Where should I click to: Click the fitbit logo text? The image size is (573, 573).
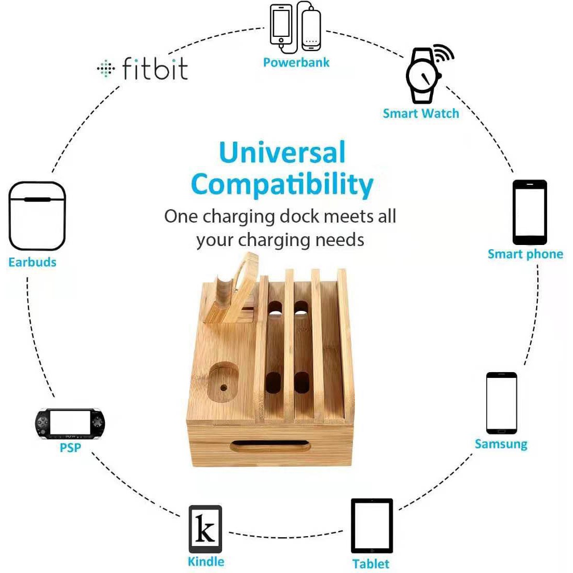[154, 69]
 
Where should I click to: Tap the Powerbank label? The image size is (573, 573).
[296, 63]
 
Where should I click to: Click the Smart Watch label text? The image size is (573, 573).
[420, 114]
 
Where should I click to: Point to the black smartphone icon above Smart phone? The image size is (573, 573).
[529, 212]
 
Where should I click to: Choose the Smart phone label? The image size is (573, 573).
[525, 254]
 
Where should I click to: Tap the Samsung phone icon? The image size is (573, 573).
[501, 403]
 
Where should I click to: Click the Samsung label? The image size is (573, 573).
[501, 444]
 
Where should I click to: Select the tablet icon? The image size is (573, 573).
[372, 526]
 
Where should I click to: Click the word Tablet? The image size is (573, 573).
[371, 564]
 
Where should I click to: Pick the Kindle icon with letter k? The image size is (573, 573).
[205, 529]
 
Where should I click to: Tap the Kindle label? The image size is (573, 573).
[206, 562]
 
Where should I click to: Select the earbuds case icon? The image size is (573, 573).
[37, 216]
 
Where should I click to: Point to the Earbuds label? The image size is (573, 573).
[32, 262]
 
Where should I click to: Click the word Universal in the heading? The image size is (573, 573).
[282, 153]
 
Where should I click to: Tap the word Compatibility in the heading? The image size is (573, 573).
[282, 184]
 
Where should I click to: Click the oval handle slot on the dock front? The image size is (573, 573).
[270, 446]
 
